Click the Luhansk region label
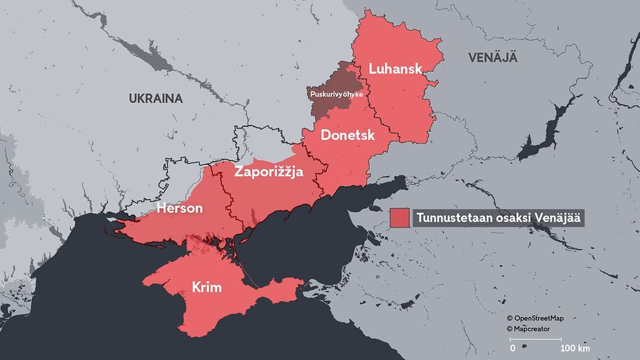click(396, 69)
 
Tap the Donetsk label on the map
click(347, 134)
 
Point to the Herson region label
click(179, 208)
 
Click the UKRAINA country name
click(155, 98)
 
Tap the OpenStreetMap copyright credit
click(539, 318)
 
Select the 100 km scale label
click(575, 347)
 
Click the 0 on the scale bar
click(512, 347)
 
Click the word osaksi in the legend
click(509, 217)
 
